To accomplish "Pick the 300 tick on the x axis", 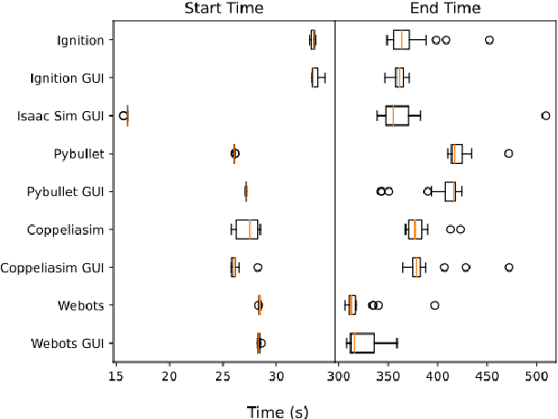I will tap(338, 374).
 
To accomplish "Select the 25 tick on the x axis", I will tap(222, 374).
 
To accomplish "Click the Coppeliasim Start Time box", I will tap(246, 230).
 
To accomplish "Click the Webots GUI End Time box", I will tap(362, 342).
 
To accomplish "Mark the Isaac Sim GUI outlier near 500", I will tap(545, 116).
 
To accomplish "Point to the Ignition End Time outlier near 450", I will tap(489, 40).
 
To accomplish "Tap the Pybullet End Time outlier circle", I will tap(508, 153).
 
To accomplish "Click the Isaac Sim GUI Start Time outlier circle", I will tap(123, 116).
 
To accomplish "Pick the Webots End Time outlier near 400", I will tap(434, 305).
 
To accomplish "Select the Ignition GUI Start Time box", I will tap(315, 77).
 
